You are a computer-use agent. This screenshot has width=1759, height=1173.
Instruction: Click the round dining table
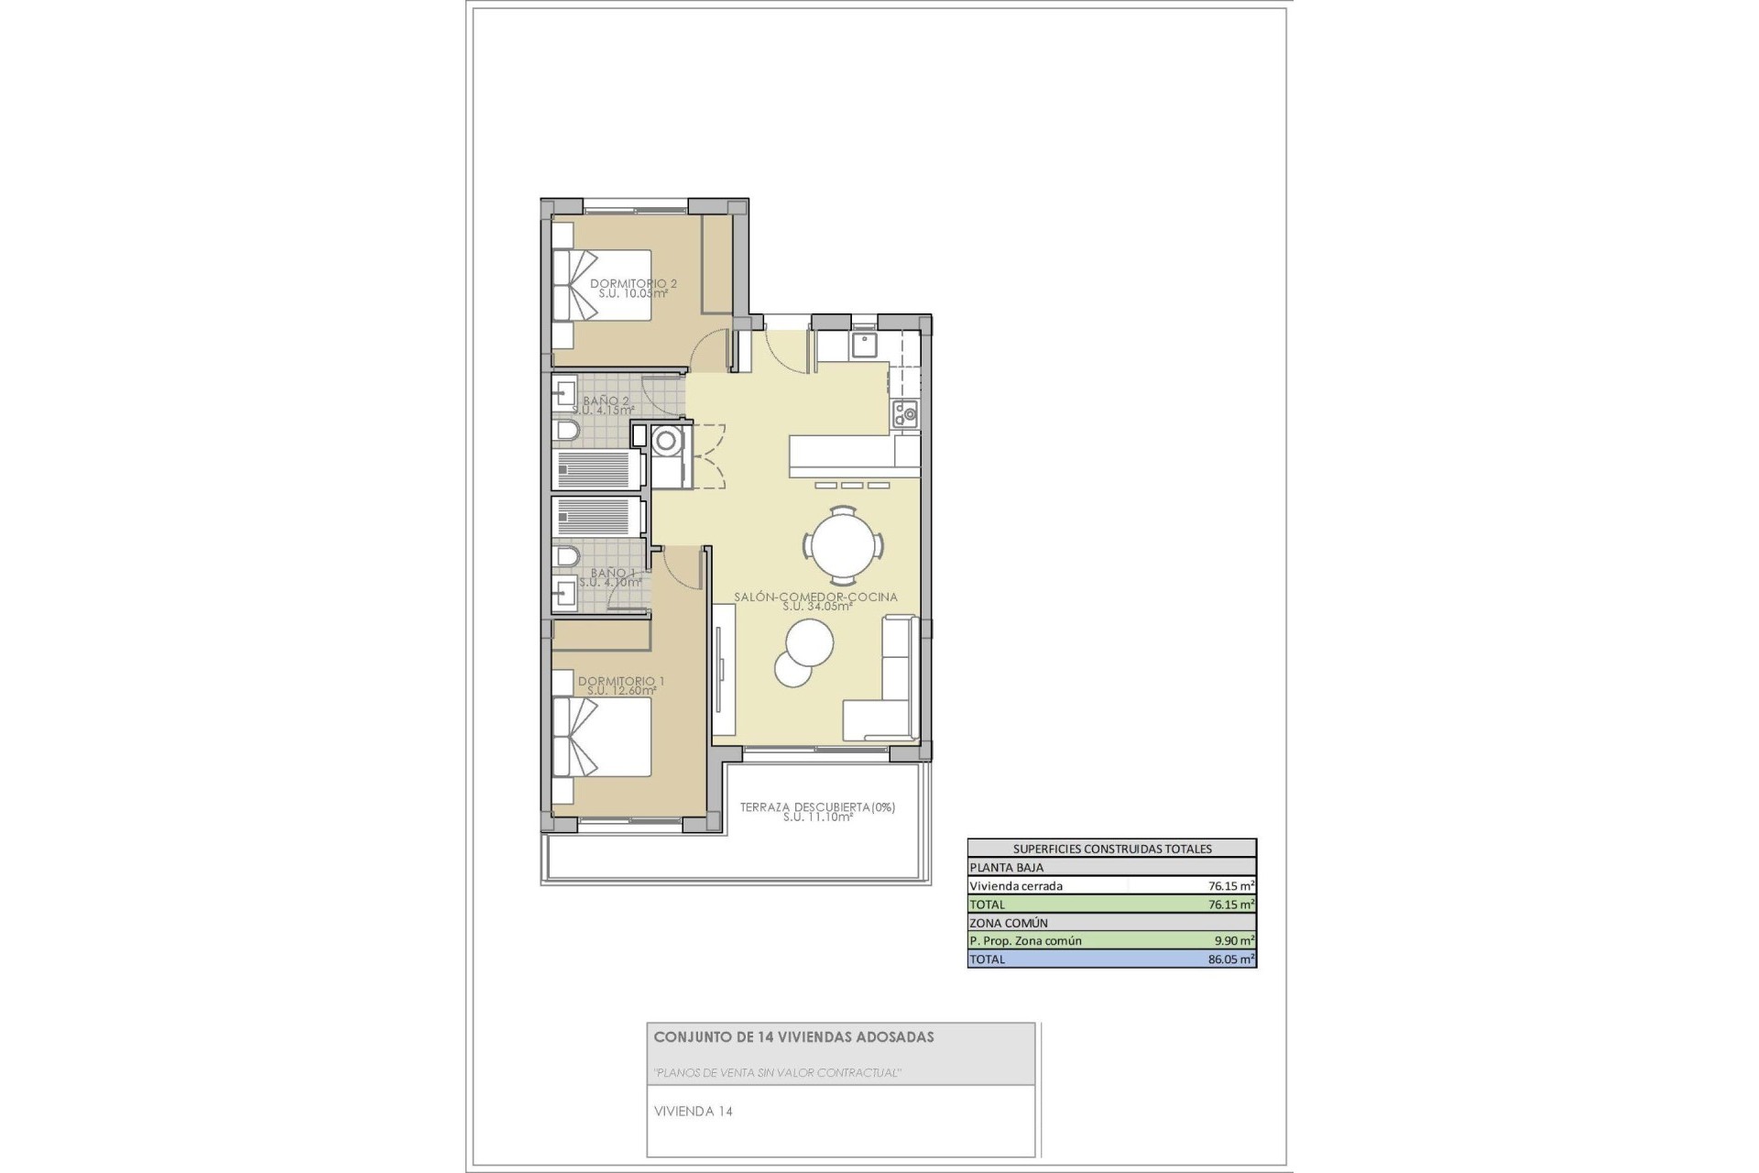pyautogui.click(x=844, y=546)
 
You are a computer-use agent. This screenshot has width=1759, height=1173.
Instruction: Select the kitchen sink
pyautogui.click(x=864, y=345)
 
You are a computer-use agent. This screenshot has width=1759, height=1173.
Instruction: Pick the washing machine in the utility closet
pyautogui.click(x=667, y=442)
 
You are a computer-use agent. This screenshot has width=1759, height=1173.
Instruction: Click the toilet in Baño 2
pyautogui.click(x=566, y=431)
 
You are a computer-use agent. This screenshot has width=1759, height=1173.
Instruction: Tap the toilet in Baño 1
pyautogui.click(x=566, y=556)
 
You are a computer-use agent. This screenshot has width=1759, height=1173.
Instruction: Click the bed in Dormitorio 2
pyautogui.click(x=602, y=285)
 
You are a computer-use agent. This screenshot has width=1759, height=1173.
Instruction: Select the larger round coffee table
pyautogui.click(x=810, y=642)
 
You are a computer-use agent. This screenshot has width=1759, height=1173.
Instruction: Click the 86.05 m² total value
pyautogui.click(x=1231, y=959)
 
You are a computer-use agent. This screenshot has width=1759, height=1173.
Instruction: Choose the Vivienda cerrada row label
pyautogui.click(x=1016, y=886)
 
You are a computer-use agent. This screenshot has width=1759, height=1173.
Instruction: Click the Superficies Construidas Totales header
pyautogui.click(x=1111, y=849)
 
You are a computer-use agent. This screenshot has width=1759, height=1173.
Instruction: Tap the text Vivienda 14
pyautogui.click(x=693, y=1112)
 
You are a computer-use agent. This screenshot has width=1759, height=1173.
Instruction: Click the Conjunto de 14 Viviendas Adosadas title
pyautogui.click(x=793, y=1037)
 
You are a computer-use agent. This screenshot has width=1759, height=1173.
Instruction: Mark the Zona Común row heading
pyautogui.click(x=1008, y=923)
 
